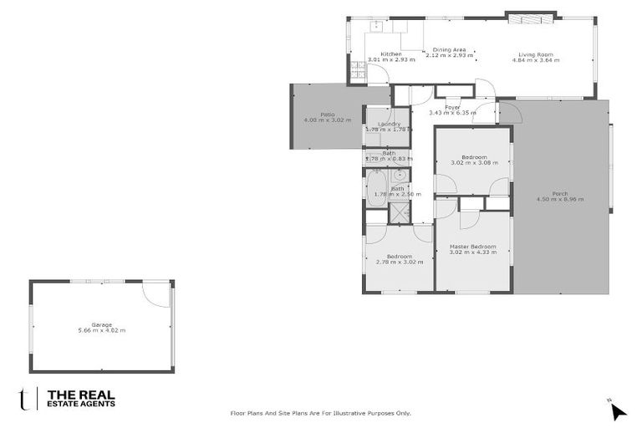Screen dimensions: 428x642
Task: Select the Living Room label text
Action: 536,54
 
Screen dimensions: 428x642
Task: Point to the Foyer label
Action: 452,107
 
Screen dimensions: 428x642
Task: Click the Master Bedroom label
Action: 472,247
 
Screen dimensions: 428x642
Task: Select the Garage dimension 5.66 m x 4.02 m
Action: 101,330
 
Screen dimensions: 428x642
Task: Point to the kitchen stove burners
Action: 357,72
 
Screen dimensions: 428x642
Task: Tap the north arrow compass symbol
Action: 617,410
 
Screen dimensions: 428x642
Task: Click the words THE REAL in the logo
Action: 81,394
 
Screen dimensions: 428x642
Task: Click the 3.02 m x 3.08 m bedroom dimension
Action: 474,162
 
